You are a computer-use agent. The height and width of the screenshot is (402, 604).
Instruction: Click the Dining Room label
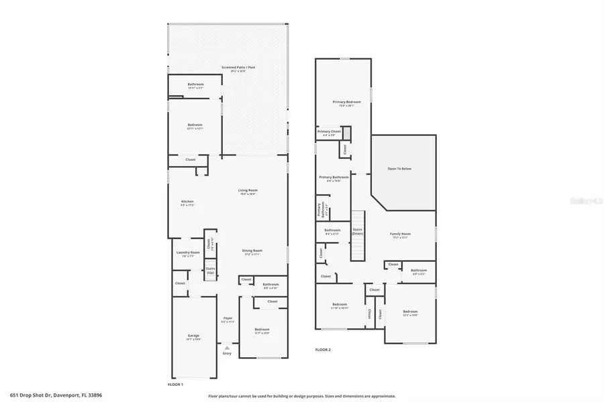(x=252, y=252)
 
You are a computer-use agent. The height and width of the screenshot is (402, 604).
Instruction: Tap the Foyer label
(x=228, y=319)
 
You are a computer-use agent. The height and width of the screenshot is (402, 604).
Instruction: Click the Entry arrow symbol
(x=227, y=348)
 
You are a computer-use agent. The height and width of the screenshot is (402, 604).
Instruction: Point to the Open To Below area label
(x=399, y=168)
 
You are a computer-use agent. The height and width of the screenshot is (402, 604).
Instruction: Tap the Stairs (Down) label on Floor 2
(x=357, y=231)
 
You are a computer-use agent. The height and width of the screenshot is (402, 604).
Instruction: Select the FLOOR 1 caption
(x=175, y=384)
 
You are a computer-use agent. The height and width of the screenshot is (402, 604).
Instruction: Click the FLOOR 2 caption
(x=323, y=349)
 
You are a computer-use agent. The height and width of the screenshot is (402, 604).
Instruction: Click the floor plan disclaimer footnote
(x=301, y=395)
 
